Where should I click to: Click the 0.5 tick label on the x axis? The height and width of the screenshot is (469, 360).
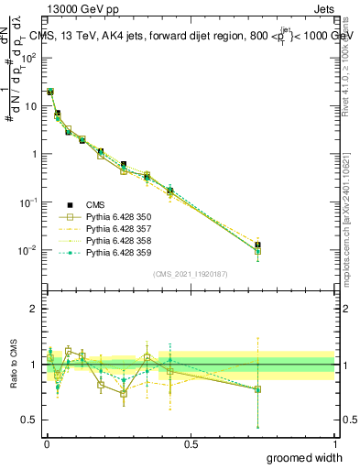pyautogui.click(x=191, y=445)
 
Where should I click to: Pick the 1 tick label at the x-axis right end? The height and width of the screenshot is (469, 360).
pyautogui.click(x=334, y=445)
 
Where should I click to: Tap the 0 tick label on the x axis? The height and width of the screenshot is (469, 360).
pyautogui.click(x=46, y=445)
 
